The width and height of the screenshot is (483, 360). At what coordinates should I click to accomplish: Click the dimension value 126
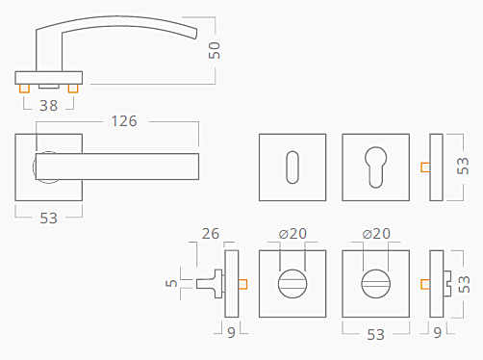124,121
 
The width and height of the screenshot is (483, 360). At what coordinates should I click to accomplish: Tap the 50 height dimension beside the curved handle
215,50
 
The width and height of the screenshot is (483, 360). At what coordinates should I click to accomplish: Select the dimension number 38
49,106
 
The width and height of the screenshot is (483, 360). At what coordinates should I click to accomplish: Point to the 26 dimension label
211,234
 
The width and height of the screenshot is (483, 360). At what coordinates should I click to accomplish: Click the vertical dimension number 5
171,283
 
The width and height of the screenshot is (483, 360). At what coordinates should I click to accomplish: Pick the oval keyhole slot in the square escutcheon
292,167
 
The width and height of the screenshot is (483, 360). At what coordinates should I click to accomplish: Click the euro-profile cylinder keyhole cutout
375,167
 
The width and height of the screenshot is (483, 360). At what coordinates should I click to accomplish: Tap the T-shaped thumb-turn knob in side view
210,284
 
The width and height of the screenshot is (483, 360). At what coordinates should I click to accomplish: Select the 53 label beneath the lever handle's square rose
49,219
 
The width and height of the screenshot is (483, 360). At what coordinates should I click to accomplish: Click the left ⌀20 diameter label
292,234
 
